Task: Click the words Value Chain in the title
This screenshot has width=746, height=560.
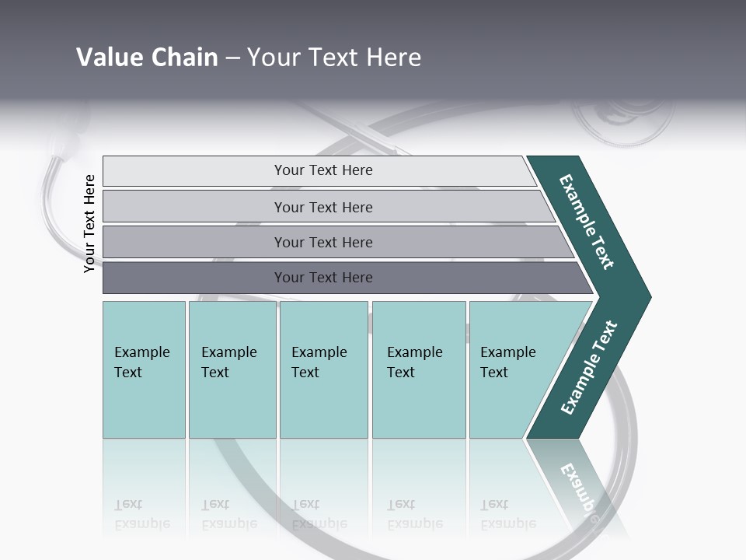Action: (147, 58)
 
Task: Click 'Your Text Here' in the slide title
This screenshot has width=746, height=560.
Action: (334, 58)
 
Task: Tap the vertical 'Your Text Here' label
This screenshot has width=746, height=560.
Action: (89, 223)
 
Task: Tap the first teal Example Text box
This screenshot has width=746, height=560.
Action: (144, 369)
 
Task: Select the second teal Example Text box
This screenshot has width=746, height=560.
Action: (232, 369)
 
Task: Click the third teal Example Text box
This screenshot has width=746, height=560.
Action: (323, 369)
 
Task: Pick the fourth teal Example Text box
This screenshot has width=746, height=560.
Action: (418, 369)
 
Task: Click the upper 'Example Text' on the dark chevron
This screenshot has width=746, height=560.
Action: (587, 222)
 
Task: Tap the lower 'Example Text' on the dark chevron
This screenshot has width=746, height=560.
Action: (589, 368)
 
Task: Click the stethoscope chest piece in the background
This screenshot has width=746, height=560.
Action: (622, 117)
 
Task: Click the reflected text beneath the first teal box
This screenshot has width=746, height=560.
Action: (141, 514)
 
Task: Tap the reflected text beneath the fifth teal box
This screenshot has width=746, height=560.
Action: (507, 514)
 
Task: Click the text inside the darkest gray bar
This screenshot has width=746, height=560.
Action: (323, 278)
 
